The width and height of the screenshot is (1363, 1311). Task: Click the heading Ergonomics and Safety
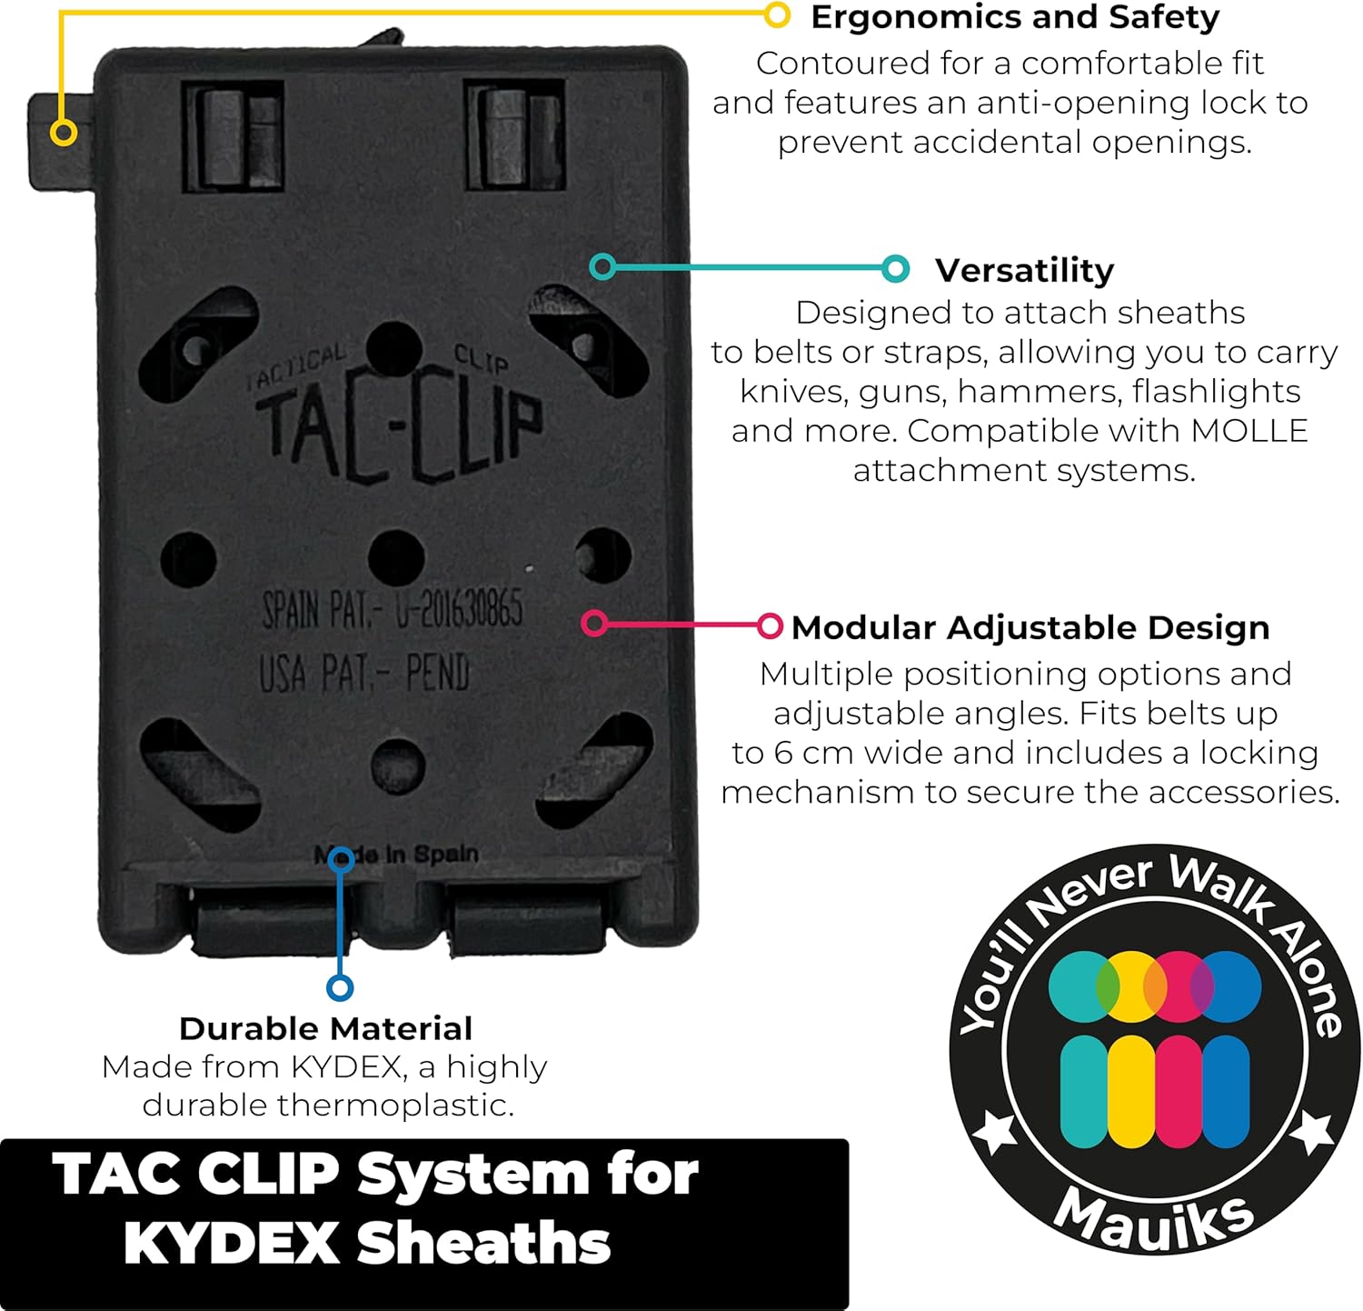(1014, 18)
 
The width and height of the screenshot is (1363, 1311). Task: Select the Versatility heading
(1024, 270)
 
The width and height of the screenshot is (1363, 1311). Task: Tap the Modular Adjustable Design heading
(1030, 627)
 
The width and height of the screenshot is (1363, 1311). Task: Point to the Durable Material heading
(325, 1028)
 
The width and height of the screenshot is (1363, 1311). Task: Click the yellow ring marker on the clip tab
(63, 133)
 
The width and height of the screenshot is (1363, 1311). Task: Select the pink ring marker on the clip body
(594, 623)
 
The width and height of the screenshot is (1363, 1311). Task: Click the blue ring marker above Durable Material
(340, 987)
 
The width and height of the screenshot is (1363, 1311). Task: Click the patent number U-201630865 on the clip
(459, 607)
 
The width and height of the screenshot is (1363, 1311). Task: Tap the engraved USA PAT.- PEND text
(364, 674)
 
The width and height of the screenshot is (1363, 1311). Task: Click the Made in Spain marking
(397, 855)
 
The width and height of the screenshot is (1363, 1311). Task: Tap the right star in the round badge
(1312, 1132)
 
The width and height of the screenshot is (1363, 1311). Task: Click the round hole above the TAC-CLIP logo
(394, 345)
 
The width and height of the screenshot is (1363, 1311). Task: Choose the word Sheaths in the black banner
(483, 1243)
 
